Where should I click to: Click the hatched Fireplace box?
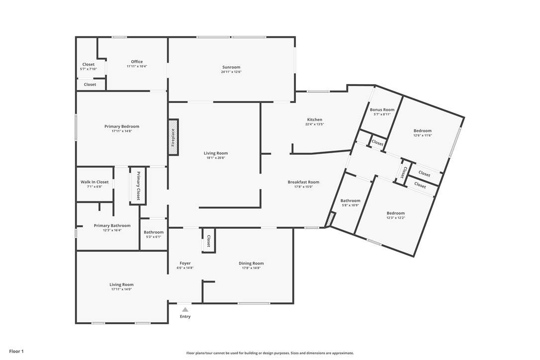(x=173, y=137)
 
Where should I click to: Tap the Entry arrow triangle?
(x=185, y=309)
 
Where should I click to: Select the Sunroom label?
(x=231, y=67)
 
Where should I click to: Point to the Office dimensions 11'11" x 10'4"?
(x=137, y=66)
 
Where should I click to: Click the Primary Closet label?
(x=138, y=185)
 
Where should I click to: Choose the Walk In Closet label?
(x=94, y=182)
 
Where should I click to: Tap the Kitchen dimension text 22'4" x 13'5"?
(x=314, y=124)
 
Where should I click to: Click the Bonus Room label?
(x=382, y=109)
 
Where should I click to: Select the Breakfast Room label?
(x=303, y=182)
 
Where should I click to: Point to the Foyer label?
(x=185, y=263)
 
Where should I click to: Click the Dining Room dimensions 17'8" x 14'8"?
(x=251, y=268)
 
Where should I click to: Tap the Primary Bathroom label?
(x=112, y=226)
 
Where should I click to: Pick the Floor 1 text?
(x=16, y=352)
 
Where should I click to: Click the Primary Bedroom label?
(x=122, y=126)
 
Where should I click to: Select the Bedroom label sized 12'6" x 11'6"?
(x=423, y=131)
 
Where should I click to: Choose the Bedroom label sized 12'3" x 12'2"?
(x=396, y=213)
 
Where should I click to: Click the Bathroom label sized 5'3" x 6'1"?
(x=154, y=232)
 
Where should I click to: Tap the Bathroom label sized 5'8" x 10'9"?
(x=350, y=200)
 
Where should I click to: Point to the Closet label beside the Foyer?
(x=209, y=241)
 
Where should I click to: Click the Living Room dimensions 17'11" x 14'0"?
(x=121, y=289)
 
